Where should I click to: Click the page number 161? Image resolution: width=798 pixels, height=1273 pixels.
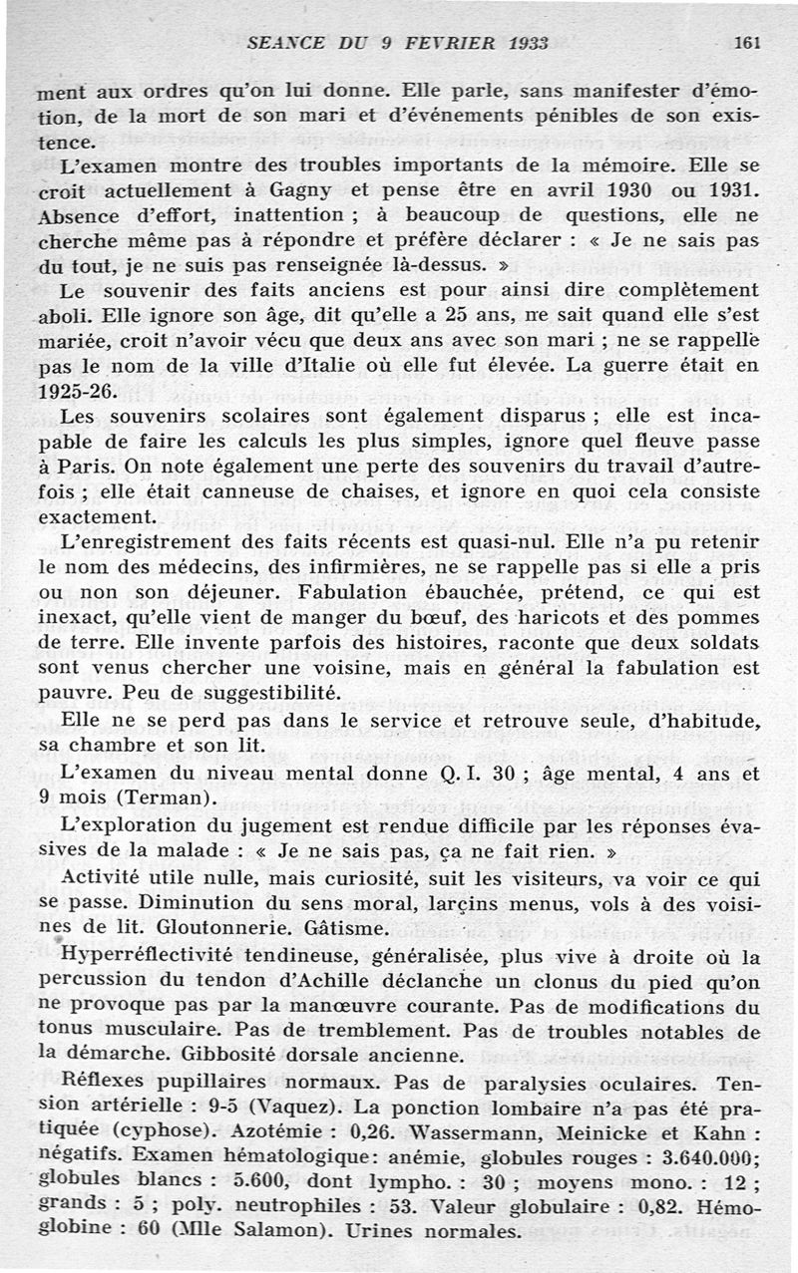746,43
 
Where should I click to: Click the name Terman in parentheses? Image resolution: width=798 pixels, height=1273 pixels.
174,797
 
